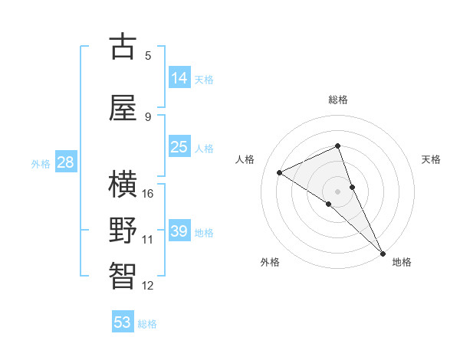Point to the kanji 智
(x=123, y=275)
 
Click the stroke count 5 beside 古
(x=148, y=55)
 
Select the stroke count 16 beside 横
(x=148, y=194)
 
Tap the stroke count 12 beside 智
(x=148, y=286)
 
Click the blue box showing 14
(x=179, y=77)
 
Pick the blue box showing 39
(x=179, y=231)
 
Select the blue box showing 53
(x=123, y=322)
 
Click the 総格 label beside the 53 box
(x=148, y=324)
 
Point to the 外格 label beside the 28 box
(x=41, y=163)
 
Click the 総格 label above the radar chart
(x=337, y=100)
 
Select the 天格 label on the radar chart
(x=431, y=159)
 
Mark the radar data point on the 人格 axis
(x=280, y=172)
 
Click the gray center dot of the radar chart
(x=337, y=191)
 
